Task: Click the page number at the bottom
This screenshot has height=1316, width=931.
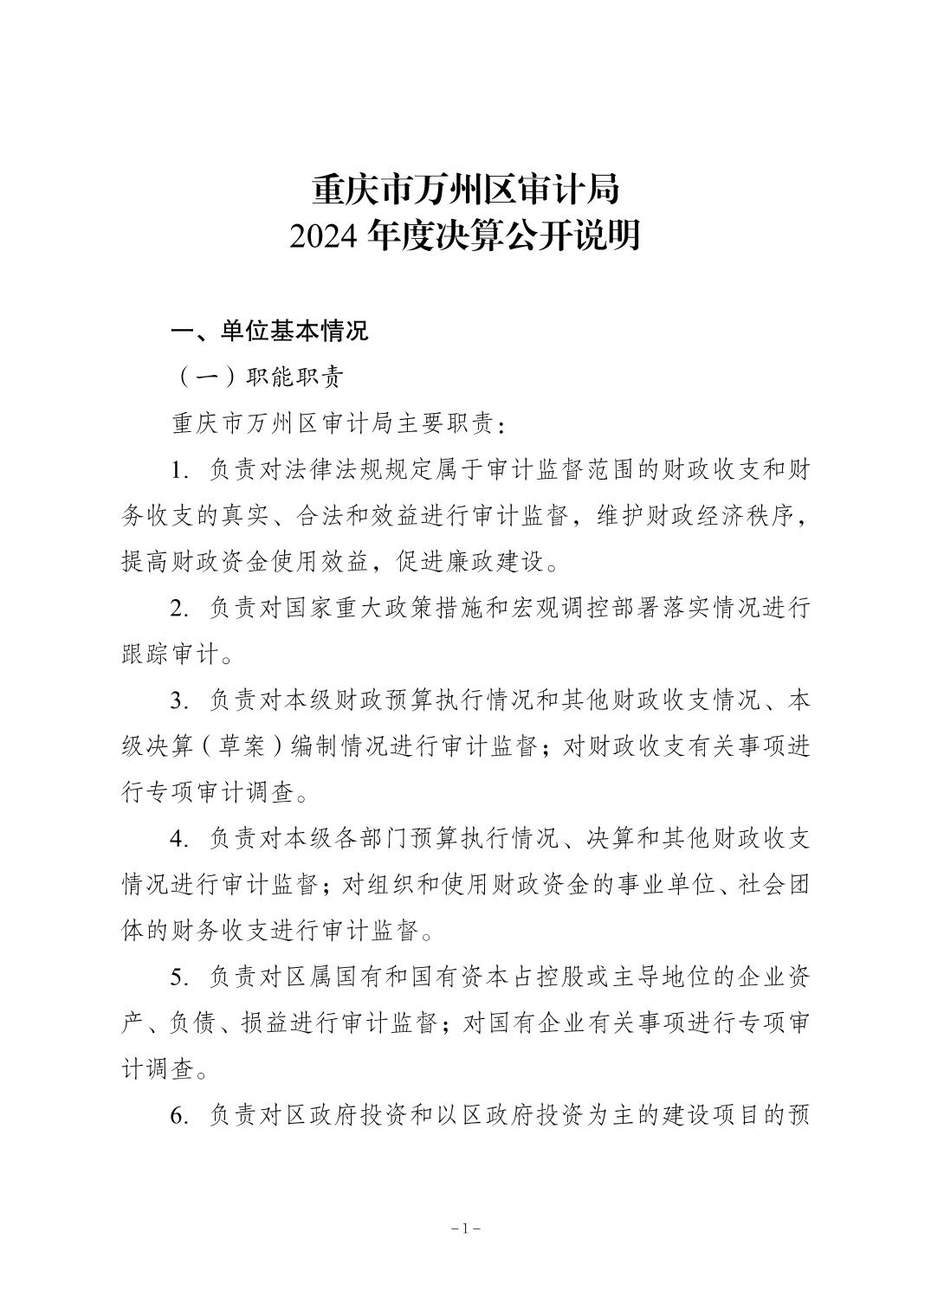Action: tap(466, 1229)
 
